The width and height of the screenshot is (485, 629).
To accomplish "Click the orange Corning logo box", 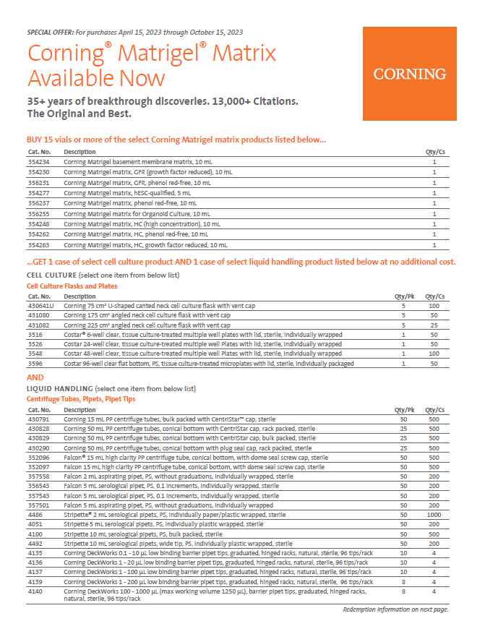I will [409, 74].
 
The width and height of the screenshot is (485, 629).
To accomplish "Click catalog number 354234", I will [38, 163].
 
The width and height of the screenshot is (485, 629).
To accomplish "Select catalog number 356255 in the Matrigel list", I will [38, 214].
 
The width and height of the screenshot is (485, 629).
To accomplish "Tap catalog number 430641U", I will [41, 306].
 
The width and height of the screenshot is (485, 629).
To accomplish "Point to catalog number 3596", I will [35, 364].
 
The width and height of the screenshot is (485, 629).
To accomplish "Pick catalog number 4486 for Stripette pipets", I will [35, 514].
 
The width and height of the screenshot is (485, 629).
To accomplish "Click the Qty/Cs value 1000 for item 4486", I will [434, 514].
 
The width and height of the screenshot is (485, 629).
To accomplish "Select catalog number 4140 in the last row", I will [35, 591].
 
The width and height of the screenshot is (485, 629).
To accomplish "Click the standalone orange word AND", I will [35, 377].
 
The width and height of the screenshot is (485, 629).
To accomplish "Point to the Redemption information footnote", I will [395, 609].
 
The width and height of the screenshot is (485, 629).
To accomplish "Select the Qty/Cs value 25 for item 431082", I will [434, 325].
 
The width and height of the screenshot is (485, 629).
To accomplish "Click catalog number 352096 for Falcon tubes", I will [38, 457].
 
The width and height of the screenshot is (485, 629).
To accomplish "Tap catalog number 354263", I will [38, 245].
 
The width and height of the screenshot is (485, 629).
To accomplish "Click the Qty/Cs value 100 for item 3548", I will [434, 354].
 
